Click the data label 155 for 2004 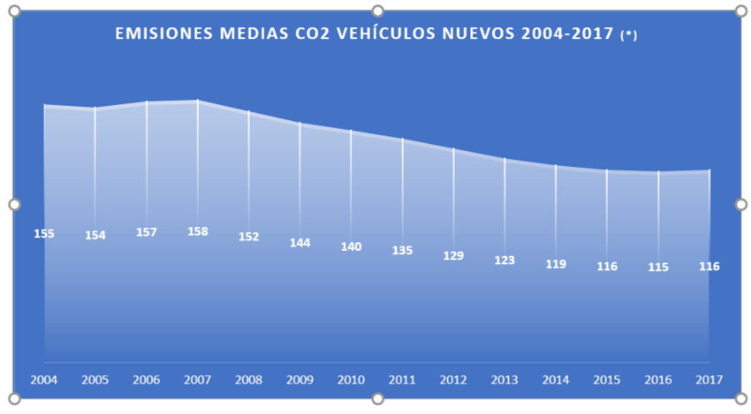(44, 234)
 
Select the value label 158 (197, 231)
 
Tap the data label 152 (248, 237)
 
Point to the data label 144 (300, 243)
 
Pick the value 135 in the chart (402, 251)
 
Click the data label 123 (505, 261)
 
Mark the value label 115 (658, 268)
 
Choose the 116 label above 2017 (709, 267)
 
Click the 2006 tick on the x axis (146, 380)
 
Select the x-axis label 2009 (300, 380)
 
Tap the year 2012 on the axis (453, 380)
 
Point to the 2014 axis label (555, 380)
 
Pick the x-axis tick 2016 (658, 380)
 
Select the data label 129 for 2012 (453, 256)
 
